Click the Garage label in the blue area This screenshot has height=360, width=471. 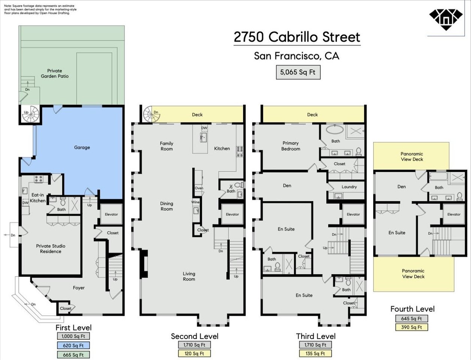82,147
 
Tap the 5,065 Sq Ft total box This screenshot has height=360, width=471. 298,72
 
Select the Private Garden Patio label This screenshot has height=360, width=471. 54,73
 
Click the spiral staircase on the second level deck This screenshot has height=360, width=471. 152,114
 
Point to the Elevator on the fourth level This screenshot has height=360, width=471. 454,214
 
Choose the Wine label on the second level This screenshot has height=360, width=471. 195,202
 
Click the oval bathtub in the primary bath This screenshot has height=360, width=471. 335,130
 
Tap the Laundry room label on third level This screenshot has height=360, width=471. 349,187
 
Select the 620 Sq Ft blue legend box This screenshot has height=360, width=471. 73,345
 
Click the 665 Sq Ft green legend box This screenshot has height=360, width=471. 73,355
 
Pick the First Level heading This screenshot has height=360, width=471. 73,328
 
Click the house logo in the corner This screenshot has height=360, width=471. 446,20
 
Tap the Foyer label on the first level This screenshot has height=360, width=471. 79,288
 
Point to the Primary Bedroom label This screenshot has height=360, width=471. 290,146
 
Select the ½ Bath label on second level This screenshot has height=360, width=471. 231,189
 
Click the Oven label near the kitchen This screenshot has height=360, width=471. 199,188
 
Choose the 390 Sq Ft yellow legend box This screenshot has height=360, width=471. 411,327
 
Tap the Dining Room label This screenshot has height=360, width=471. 166,206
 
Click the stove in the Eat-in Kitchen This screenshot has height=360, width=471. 39,179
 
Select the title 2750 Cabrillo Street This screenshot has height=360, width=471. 297,37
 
